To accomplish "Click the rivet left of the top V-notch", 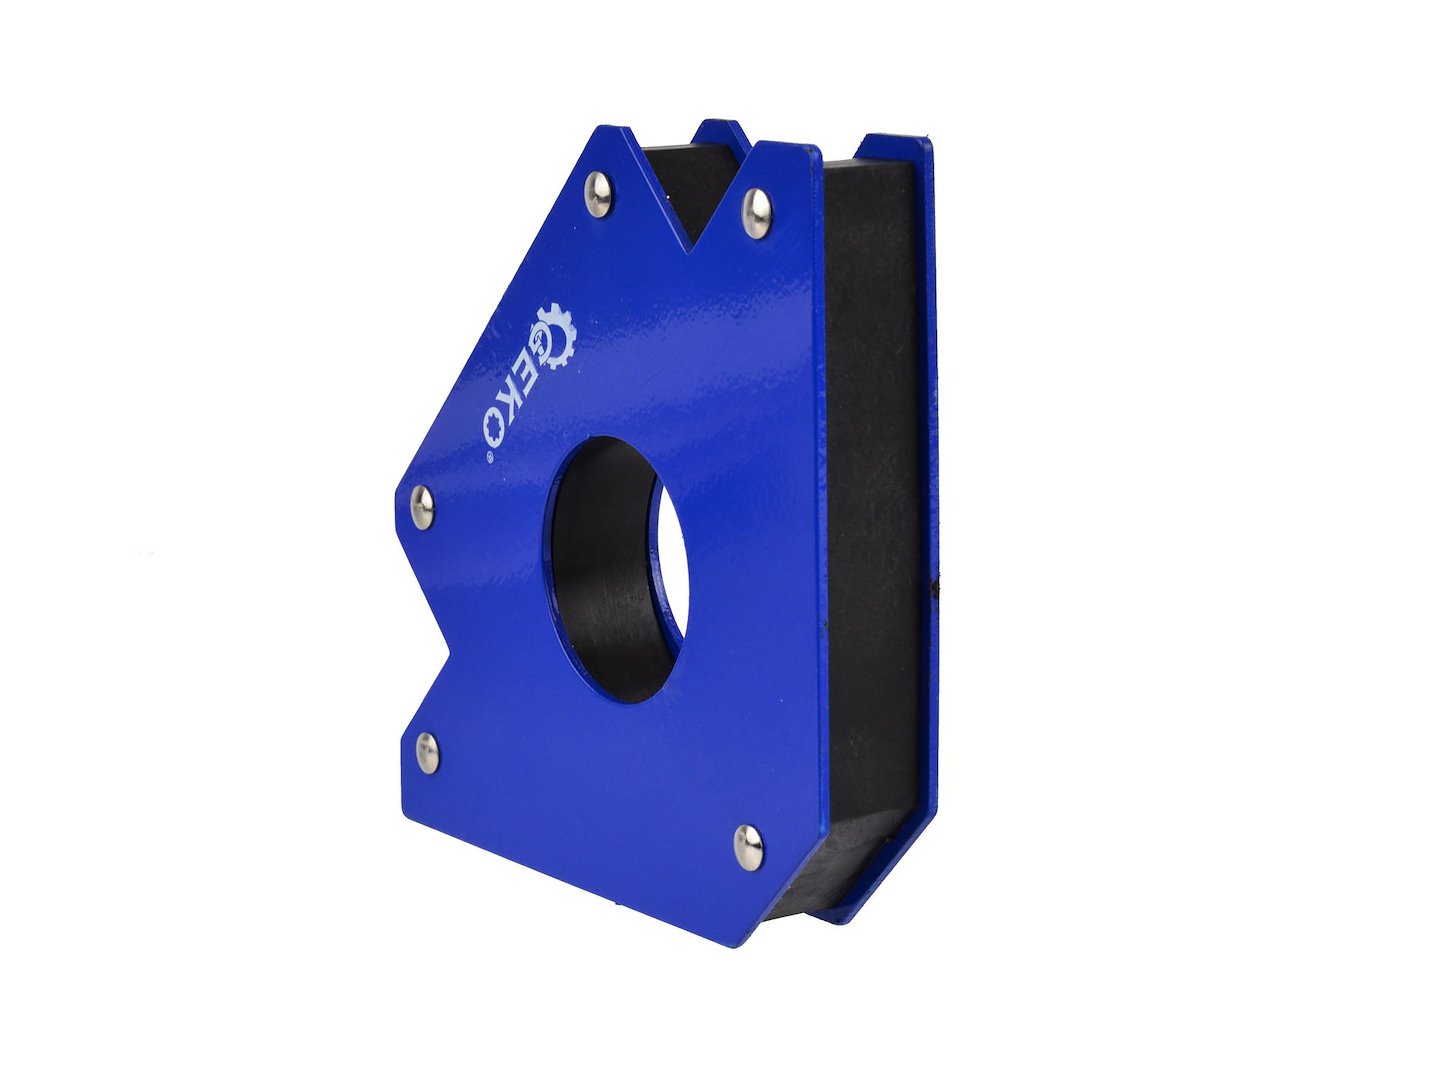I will [598, 193].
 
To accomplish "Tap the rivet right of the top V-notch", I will [757, 212].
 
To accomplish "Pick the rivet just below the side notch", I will [427, 751].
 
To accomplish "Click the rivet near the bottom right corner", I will [748, 846].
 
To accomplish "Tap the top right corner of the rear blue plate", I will [931, 143].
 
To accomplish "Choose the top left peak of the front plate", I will [605, 128].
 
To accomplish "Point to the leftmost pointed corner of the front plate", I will [391, 494].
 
